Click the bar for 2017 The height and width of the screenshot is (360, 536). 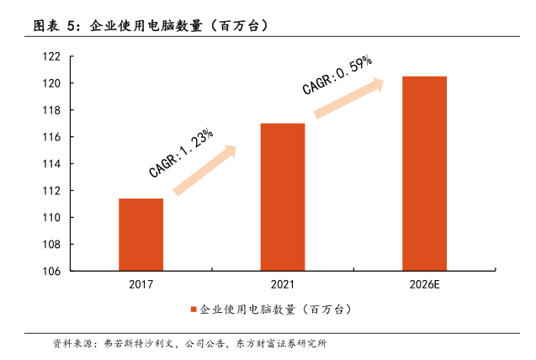[x=141, y=235]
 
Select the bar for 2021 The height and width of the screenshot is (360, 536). [x=282, y=197]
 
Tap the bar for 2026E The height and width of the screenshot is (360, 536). [x=424, y=173]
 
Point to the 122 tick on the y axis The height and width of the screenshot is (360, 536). [x=51, y=56]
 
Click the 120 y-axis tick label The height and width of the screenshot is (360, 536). [x=51, y=83]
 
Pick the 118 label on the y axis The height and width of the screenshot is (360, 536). [x=51, y=110]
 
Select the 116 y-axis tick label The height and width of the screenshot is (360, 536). [x=51, y=137]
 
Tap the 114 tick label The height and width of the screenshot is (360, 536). [x=51, y=164]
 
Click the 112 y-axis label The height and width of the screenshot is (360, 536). [x=51, y=191]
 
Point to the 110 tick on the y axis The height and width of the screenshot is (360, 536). [x=51, y=218]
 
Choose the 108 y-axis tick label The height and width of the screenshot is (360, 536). [x=51, y=245]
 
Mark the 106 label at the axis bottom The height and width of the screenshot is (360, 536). [x=51, y=272]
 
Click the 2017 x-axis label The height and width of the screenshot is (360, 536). [x=141, y=284]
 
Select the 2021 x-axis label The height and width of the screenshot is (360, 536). [x=282, y=284]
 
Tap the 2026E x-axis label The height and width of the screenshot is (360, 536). [x=424, y=284]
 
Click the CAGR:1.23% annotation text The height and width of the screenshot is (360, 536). [x=181, y=152]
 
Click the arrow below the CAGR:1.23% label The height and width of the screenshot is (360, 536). [x=205, y=170]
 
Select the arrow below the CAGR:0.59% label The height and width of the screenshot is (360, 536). [x=348, y=96]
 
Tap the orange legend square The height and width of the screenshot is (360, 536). [x=193, y=310]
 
